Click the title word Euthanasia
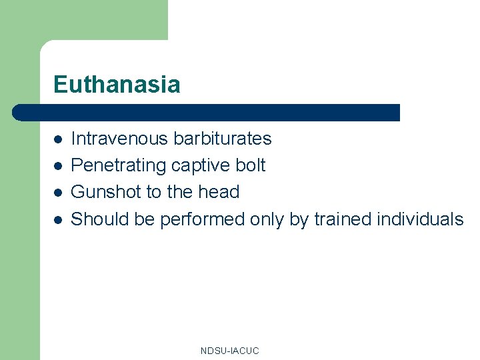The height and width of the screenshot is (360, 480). point(117,85)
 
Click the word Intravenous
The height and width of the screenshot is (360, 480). point(120,139)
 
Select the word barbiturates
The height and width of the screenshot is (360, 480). point(223,139)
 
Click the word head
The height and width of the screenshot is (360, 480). point(217,192)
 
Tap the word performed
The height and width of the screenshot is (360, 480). point(202,219)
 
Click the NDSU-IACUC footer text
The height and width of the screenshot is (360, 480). point(229,351)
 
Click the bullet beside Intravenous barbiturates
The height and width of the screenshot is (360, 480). point(59,139)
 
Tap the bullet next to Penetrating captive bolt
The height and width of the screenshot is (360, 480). point(59,166)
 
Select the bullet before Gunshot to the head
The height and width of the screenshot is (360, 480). point(59,193)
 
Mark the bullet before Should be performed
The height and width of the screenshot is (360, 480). point(59,219)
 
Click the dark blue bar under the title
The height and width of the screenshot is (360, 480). point(207,112)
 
